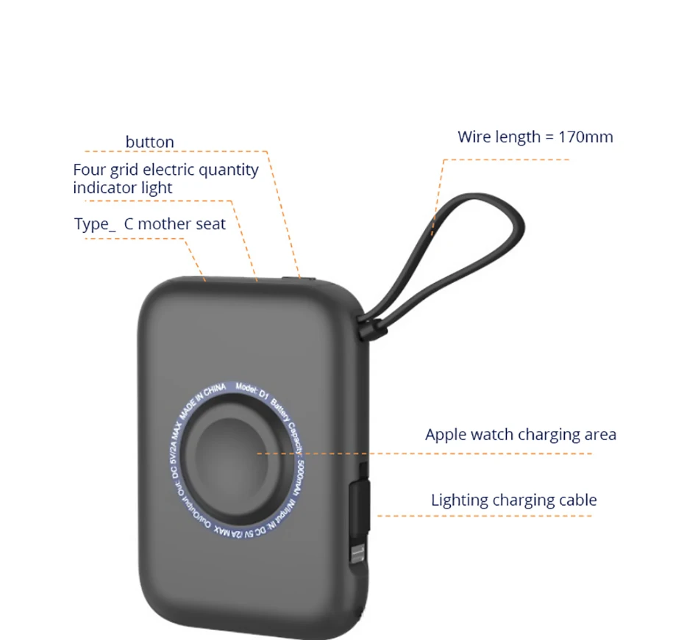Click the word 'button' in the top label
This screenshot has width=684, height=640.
(x=150, y=142)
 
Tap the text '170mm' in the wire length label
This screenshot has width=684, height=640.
(x=585, y=137)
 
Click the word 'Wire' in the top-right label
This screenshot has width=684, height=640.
(x=474, y=137)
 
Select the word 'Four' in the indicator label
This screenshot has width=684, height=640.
(x=90, y=170)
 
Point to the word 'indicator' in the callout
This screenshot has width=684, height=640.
(x=102, y=187)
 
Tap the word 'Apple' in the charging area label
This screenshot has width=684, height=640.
(x=446, y=434)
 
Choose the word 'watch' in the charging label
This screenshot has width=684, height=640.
(x=492, y=434)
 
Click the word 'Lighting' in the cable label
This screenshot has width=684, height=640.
(x=459, y=500)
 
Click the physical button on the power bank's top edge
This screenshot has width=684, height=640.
(x=299, y=278)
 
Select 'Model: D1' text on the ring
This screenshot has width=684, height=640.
(x=254, y=389)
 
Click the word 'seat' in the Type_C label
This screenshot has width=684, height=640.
(x=210, y=224)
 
